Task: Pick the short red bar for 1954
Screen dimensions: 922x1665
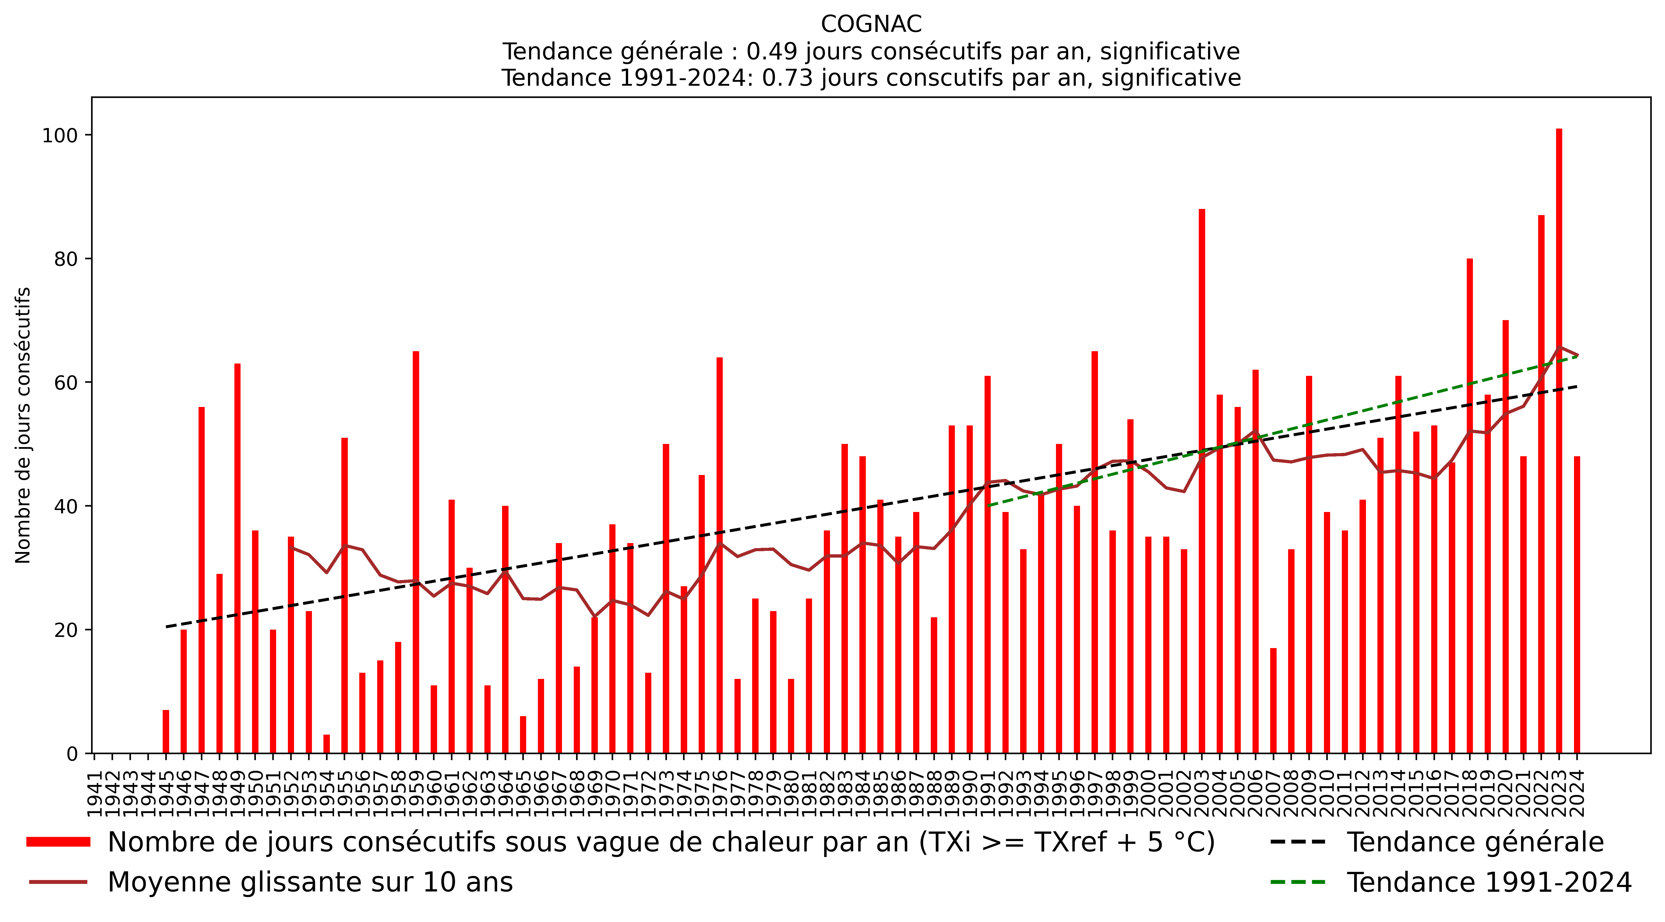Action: (x=327, y=744)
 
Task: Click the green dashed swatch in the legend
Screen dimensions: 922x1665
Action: (x=1298, y=882)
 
